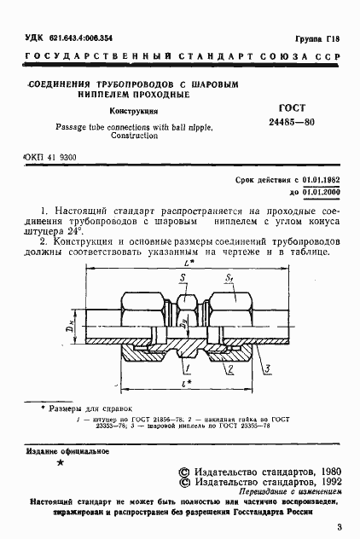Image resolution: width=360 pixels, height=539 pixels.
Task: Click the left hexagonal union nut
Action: point(137,309)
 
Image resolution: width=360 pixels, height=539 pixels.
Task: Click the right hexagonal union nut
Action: point(233,309)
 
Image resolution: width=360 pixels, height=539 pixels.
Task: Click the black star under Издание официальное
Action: point(59,463)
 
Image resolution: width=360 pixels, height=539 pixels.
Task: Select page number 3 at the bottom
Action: point(339,527)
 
